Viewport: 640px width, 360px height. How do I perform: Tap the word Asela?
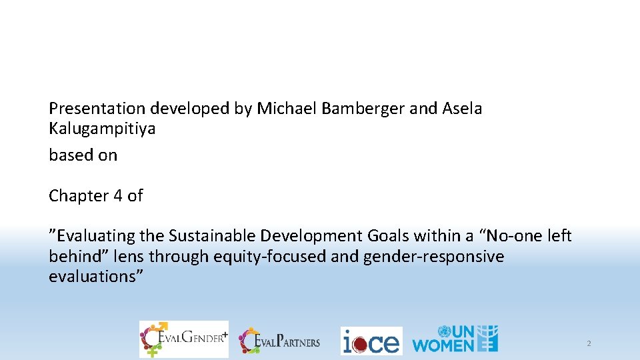click(462, 108)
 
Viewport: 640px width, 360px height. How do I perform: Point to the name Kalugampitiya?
click(102, 129)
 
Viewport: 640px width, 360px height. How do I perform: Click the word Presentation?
click(97, 108)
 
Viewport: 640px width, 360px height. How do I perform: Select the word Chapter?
click(77, 196)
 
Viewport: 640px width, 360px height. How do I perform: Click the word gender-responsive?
click(434, 257)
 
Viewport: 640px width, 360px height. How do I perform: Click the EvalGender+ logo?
click(183, 339)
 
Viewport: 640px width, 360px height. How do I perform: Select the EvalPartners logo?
click(280, 341)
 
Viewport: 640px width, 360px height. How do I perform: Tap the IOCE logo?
click(371, 341)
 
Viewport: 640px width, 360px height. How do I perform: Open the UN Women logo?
click(455, 339)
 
